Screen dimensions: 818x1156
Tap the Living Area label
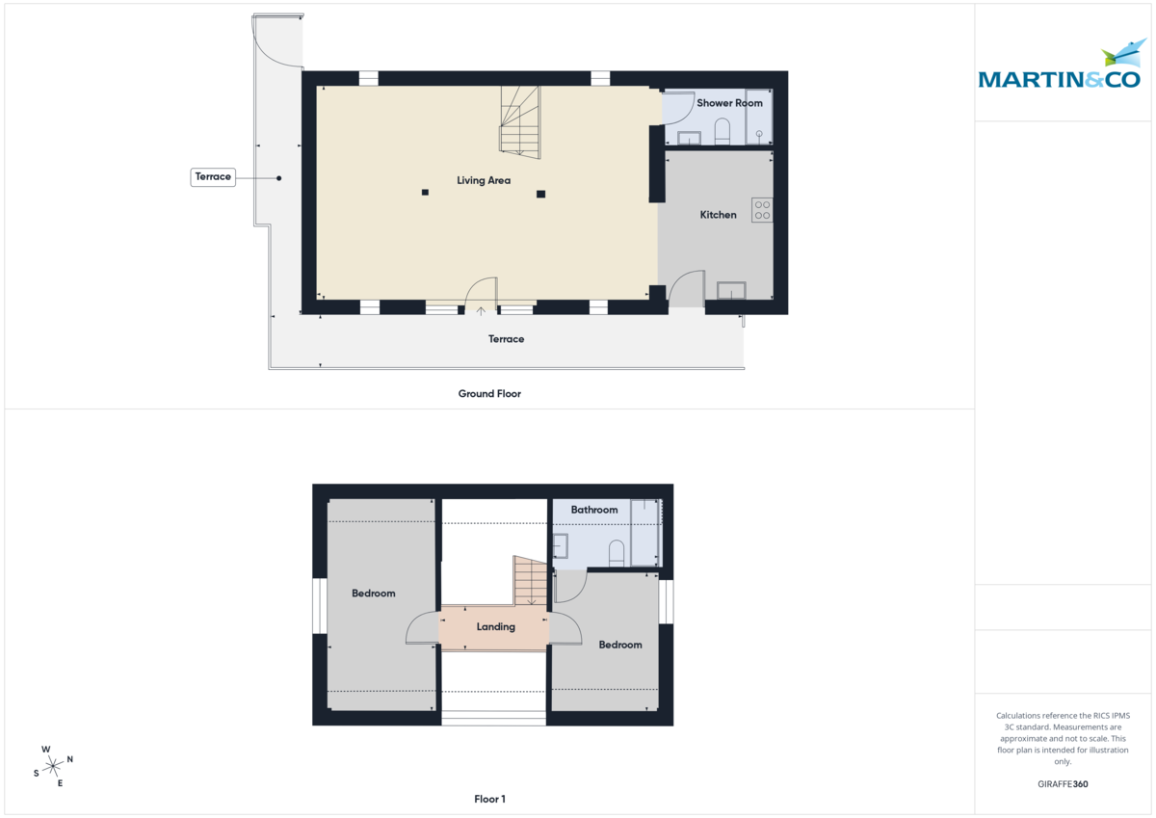pyautogui.click(x=484, y=180)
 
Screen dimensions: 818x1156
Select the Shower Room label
pyautogui.click(x=729, y=103)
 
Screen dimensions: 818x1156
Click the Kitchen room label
pyautogui.click(x=718, y=215)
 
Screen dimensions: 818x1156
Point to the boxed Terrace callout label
pyautogui.click(x=213, y=177)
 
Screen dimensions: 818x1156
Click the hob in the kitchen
pyautogui.click(x=762, y=210)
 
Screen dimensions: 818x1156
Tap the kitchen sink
pyautogui.click(x=731, y=290)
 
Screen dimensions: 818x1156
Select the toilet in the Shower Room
pyautogui.click(x=722, y=132)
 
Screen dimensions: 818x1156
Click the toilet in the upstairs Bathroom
pyautogui.click(x=617, y=552)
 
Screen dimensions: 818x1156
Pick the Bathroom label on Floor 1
pyautogui.click(x=593, y=510)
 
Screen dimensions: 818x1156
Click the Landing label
pyautogui.click(x=496, y=627)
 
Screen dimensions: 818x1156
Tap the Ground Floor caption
pyautogui.click(x=489, y=394)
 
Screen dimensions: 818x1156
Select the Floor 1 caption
pyautogui.click(x=489, y=799)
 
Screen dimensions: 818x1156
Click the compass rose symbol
pyautogui.click(x=53, y=766)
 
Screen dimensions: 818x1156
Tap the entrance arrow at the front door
pyautogui.click(x=481, y=311)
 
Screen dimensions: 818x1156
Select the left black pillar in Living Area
pyautogui.click(x=425, y=193)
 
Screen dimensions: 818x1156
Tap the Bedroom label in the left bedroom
pyautogui.click(x=373, y=594)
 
